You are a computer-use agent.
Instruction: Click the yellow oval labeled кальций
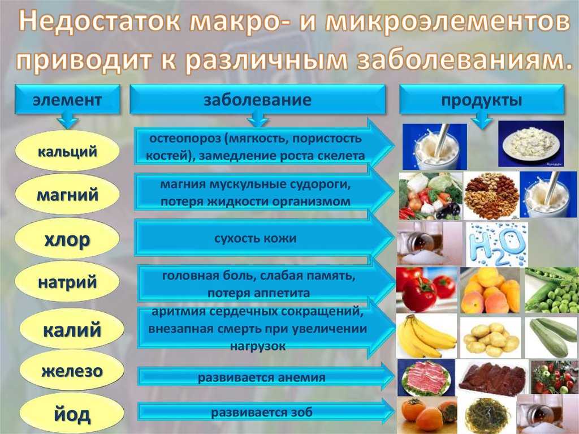(x=67, y=151)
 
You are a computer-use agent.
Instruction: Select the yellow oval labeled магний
(x=67, y=194)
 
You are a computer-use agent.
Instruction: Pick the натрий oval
(x=67, y=282)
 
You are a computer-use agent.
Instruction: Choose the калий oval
(x=72, y=329)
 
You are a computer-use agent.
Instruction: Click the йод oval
(x=72, y=413)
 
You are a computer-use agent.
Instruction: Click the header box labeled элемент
(x=67, y=99)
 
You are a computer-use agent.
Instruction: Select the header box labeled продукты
(x=482, y=99)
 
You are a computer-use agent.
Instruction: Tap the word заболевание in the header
(x=257, y=100)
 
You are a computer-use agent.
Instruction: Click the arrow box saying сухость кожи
(x=264, y=238)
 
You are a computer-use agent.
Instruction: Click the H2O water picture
(x=496, y=244)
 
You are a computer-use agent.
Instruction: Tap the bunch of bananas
(x=426, y=336)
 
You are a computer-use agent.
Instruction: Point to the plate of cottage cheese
(x=531, y=143)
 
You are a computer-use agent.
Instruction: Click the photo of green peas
(x=552, y=290)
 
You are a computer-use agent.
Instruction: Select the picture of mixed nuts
(x=491, y=196)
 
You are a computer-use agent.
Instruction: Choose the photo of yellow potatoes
(x=491, y=337)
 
